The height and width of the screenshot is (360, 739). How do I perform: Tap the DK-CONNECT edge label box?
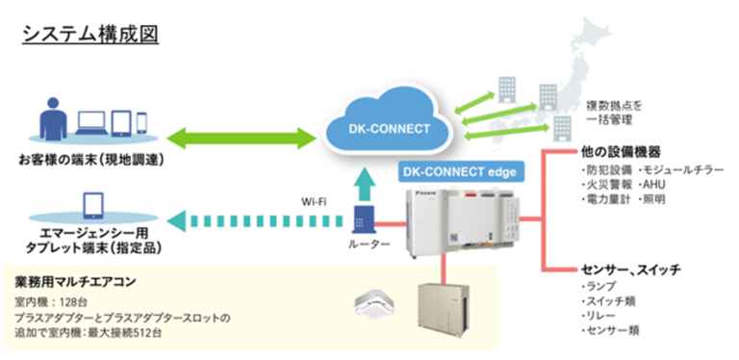coord(458,171)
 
